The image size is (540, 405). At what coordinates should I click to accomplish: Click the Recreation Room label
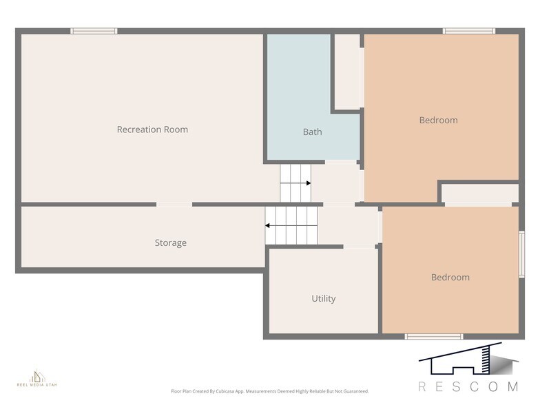coord(152,129)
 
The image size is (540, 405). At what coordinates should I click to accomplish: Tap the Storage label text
coord(170,243)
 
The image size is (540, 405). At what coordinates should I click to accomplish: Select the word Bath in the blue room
coord(312,132)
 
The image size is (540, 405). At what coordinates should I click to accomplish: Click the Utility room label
coord(323,299)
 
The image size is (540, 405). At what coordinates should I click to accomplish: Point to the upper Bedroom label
coord(438,120)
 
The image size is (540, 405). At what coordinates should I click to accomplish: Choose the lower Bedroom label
coord(450,278)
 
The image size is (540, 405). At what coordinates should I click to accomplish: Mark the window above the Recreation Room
coord(94,31)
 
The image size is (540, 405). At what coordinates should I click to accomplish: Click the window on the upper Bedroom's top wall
coord(468,31)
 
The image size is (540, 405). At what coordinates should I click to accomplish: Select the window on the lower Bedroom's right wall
coord(521,254)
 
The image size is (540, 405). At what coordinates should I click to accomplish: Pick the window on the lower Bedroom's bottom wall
coord(433,336)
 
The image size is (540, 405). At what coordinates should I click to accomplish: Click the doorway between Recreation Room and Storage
coord(174,205)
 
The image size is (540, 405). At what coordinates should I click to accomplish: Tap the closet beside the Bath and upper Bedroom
coord(347,72)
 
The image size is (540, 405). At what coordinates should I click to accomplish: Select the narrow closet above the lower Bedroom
coord(480,194)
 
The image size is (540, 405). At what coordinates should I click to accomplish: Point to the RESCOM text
coord(468,386)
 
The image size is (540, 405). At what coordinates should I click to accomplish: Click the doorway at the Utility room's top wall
coord(359,247)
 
